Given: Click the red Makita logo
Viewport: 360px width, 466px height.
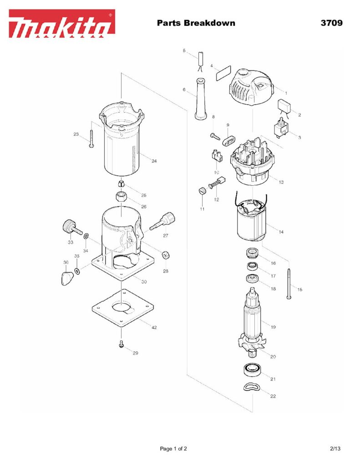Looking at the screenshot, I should [62, 24].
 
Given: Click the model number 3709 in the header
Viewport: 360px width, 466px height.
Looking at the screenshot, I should [331, 23].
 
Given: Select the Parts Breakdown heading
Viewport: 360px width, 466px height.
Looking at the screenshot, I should [196, 23].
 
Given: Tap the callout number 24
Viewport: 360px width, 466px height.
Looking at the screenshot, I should [154, 161].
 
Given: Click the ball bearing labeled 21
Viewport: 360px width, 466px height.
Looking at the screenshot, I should [253, 370].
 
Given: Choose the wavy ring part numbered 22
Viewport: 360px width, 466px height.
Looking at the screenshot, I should [251, 387].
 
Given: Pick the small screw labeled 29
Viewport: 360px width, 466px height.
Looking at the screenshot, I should [122, 344].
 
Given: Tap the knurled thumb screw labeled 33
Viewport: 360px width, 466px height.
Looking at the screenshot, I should [69, 226].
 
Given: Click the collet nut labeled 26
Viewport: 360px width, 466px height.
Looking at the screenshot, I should [121, 198].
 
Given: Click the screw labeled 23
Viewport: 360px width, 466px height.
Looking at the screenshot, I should [91, 138].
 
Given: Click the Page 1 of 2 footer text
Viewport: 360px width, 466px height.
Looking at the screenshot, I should [173, 449].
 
